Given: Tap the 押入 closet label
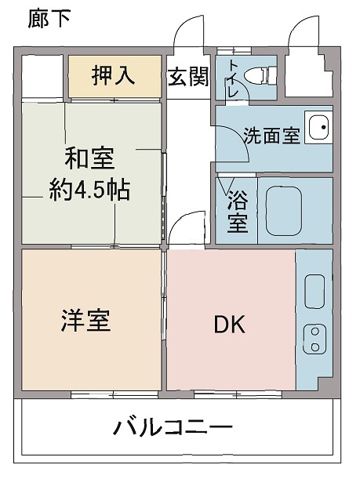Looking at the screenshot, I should click(114, 76).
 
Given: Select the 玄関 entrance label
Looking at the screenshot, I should click(187, 77).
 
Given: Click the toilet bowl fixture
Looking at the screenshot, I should click(257, 75).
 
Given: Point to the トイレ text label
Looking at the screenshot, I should click(233, 76).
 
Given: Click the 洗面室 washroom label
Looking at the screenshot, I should click(271, 135).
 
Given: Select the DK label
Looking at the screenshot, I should click(230, 324).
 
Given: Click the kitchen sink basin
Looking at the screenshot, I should click(314, 292).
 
